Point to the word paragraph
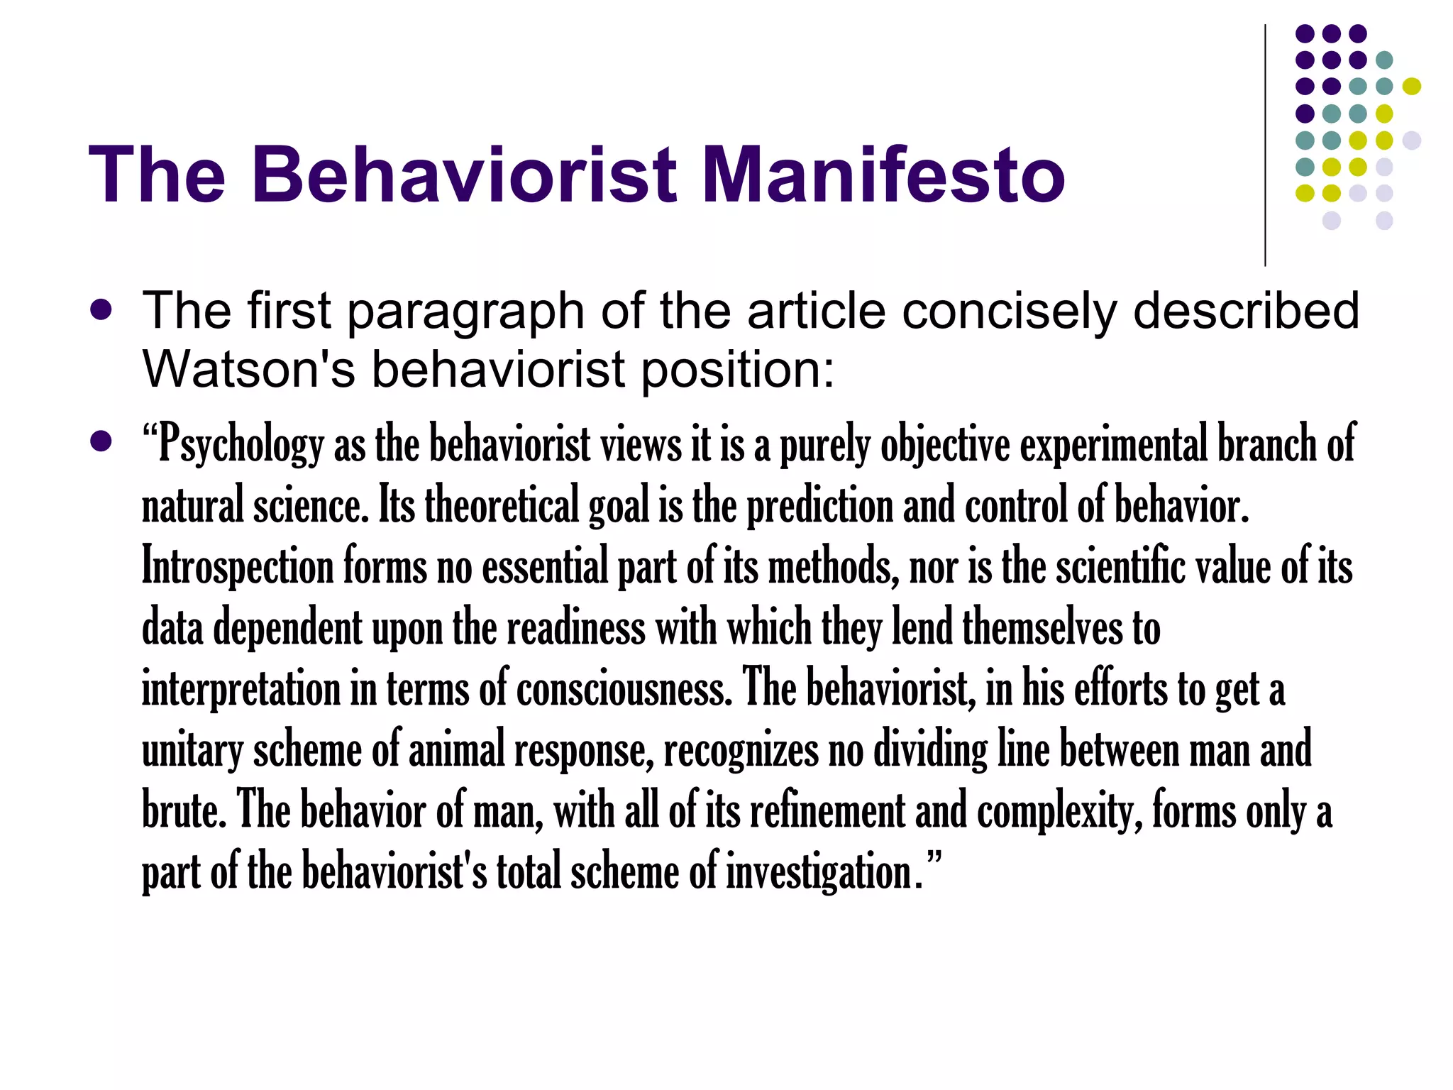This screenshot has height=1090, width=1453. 465,312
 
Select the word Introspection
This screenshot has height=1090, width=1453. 238,567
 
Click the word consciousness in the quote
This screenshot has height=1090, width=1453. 624,689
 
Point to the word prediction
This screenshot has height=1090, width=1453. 820,507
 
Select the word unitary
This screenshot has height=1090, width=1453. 192,750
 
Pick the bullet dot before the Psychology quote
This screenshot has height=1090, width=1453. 101,442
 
